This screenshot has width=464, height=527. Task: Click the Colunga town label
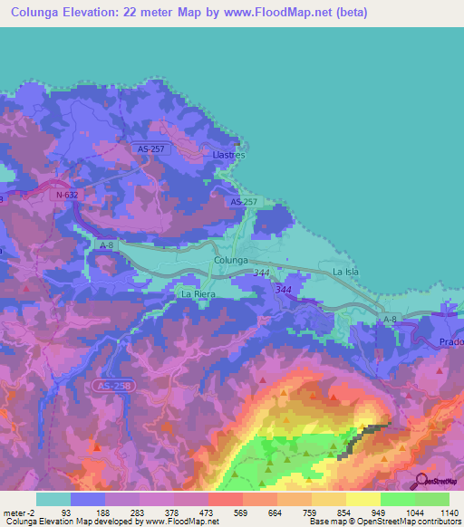pos(231,260)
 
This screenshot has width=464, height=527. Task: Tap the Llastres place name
pos(228,155)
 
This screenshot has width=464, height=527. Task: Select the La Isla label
pos(347,272)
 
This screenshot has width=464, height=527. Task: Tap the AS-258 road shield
pos(108,386)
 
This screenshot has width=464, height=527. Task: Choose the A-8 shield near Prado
pos(391,320)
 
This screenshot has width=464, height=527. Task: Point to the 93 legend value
pos(66,512)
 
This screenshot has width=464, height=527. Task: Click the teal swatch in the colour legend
pos(53,499)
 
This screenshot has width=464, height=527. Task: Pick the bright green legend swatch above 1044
pos(397,499)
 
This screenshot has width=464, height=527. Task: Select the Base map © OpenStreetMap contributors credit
pos(383,522)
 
